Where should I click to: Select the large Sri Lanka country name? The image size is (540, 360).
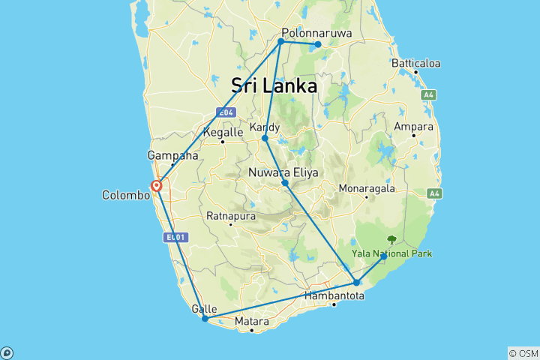(x=274, y=85)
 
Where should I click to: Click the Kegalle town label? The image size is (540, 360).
(x=223, y=133)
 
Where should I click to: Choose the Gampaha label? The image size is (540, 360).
(x=172, y=156)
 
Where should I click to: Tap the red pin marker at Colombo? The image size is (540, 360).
(x=157, y=185)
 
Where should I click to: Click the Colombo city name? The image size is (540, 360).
(x=126, y=195)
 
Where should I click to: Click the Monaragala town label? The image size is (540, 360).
(x=367, y=187)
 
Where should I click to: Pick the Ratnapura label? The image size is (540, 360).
(x=231, y=217)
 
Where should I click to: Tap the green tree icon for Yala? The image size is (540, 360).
(x=391, y=240)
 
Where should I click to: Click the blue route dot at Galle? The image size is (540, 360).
(x=205, y=319)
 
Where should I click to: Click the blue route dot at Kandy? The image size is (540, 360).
(x=265, y=139)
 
